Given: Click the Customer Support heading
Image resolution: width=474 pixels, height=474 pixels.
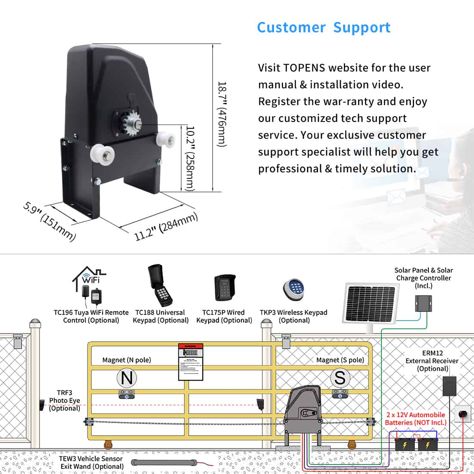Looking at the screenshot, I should click(x=324, y=28).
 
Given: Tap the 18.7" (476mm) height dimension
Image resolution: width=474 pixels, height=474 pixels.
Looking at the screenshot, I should click(x=221, y=114).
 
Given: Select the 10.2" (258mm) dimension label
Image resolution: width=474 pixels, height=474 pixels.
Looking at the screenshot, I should click(x=190, y=158).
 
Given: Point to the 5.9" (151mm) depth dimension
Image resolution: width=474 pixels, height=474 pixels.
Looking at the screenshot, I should click(x=50, y=221).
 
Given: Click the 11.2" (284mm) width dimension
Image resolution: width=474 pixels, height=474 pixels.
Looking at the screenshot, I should click(x=165, y=227).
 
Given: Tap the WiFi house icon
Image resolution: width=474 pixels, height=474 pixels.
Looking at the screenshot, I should click(x=89, y=276).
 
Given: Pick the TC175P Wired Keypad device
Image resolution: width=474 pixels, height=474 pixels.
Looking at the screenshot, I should click(x=225, y=288).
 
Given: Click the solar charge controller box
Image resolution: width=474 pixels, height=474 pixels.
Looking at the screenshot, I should click(x=423, y=303).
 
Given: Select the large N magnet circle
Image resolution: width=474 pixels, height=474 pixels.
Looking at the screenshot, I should click(x=127, y=378).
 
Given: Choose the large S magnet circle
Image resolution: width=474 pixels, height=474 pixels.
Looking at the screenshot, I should click(x=340, y=378).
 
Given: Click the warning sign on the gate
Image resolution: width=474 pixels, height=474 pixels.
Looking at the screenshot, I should click(x=190, y=362).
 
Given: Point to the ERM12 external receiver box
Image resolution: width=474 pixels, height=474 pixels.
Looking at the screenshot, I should click(x=449, y=386).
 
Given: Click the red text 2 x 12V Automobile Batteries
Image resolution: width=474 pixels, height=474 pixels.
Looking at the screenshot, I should click(x=415, y=418).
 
